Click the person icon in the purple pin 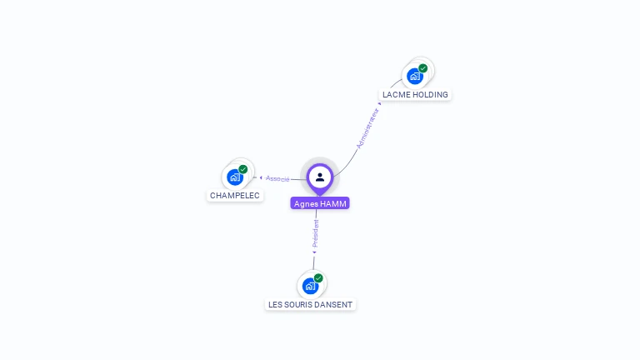point(320,177)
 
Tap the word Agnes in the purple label point(306,203)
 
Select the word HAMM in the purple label point(332,203)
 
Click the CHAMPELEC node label point(235,195)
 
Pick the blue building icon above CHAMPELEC point(235,177)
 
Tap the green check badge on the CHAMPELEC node point(243,169)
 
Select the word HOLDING point(430,94)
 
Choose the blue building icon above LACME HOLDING point(414,77)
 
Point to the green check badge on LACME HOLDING point(423,68)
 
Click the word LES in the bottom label point(276,304)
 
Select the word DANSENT point(336,304)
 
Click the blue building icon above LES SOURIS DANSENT point(310,286)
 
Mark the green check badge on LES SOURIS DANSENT point(318,278)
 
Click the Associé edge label point(278,178)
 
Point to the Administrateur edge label point(367,128)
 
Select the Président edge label point(315,233)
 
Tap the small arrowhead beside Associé point(261,177)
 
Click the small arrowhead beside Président point(314,252)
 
